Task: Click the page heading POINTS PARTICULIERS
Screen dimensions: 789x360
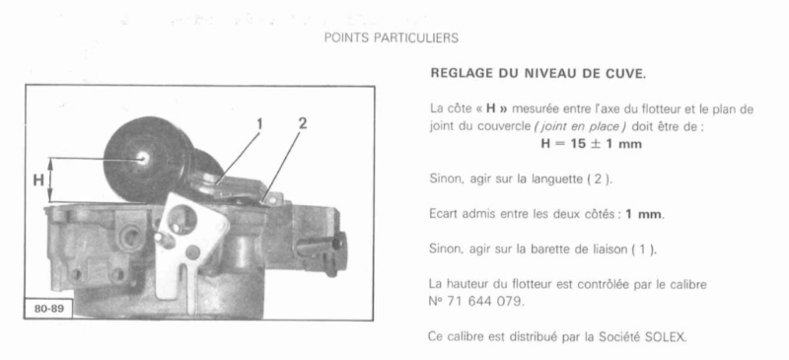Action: click(x=391, y=37)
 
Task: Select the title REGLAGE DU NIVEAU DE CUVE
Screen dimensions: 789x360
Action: click(x=538, y=74)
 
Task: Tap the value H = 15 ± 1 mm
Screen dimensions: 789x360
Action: click(x=591, y=143)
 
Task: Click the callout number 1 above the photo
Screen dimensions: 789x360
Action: click(x=259, y=124)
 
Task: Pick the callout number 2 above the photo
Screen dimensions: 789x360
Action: click(x=303, y=123)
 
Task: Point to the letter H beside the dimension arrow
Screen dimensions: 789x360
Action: click(x=38, y=180)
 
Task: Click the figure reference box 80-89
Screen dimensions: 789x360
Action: click(x=48, y=308)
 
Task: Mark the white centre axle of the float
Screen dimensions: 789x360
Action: click(x=143, y=159)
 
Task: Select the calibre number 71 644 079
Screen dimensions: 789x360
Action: click(x=482, y=304)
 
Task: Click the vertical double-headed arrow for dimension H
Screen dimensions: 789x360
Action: click(x=50, y=180)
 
